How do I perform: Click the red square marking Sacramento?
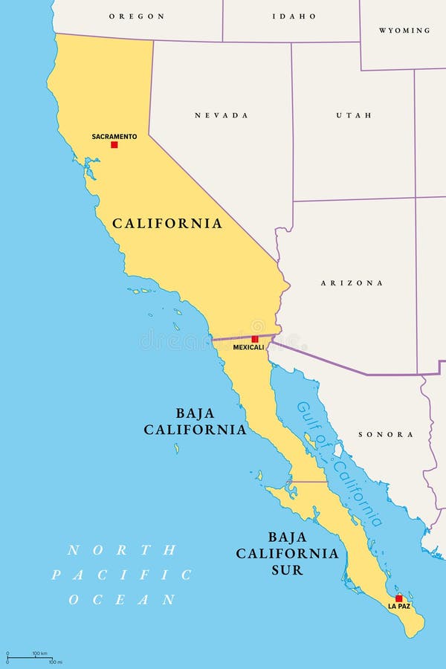(x=114, y=144)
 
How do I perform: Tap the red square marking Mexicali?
(x=255, y=339)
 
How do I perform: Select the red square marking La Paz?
(x=398, y=598)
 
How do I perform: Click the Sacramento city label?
(x=114, y=136)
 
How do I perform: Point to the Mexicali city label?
(x=248, y=347)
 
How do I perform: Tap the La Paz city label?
(x=399, y=607)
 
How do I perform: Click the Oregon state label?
(x=136, y=16)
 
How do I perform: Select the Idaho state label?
(x=294, y=16)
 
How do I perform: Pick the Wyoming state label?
(x=404, y=30)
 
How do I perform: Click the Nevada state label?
(x=222, y=115)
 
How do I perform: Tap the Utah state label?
(x=353, y=115)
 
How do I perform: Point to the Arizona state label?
(x=352, y=283)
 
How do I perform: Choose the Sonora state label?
(x=386, y=434)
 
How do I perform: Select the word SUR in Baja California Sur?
(x=287, y=571)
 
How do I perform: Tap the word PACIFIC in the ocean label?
(x=121, y=575)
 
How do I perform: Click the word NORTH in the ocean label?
(x=121, y=550)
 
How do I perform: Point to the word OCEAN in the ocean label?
(x=123, y=599)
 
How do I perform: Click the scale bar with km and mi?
(x=33, y=657)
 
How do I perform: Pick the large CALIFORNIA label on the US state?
(x=167, y=223)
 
